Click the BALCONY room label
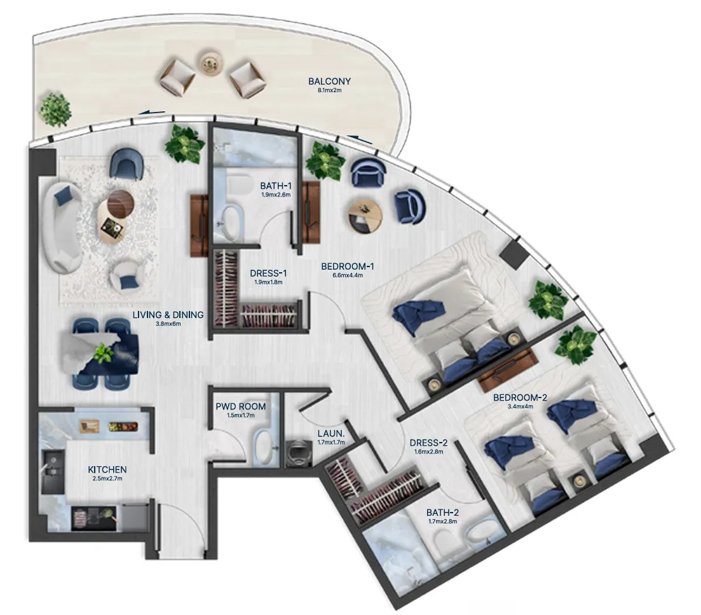click(329, 81)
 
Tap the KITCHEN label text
click(107, 469)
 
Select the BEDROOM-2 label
click(520, 398)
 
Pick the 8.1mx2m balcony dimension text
click(329, 91)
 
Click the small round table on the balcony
click(210, 62)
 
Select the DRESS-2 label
click(428, 443)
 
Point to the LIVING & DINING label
click(168, 314)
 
